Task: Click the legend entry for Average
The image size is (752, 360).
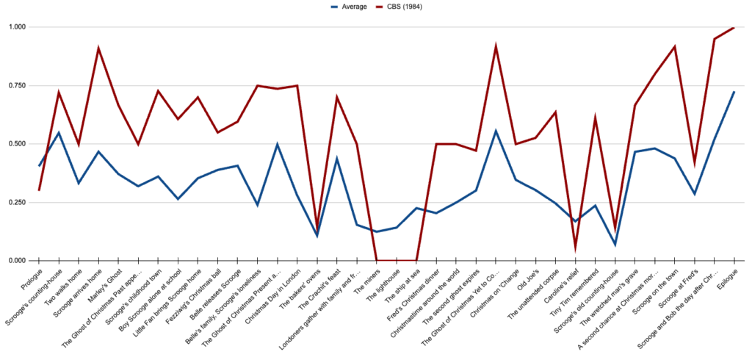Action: point(350,7)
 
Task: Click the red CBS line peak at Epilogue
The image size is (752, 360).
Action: point(734,27)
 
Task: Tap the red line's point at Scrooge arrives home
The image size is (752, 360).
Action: point(98,48)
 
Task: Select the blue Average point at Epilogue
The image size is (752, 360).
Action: point(734,92)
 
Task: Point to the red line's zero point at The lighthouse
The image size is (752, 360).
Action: point(397,260)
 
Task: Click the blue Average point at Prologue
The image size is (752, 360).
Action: point(39,166)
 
